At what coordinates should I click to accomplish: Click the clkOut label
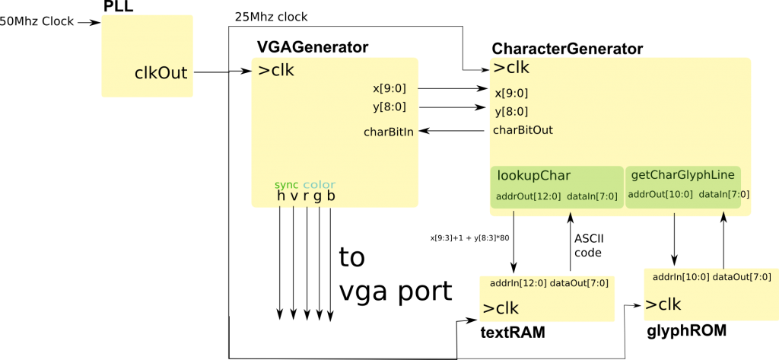(161, 73)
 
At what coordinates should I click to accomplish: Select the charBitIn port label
(389, 132)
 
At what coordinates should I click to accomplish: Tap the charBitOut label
(523, 130)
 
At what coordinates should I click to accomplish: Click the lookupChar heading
(533, 176)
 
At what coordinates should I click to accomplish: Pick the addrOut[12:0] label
(528, 197)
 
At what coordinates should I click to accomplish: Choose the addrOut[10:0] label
(660, 195)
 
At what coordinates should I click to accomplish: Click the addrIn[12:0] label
(518, 283)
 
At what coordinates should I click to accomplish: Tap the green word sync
(287, 185)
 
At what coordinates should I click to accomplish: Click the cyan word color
(319, 185)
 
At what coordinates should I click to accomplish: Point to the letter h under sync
(281, 196)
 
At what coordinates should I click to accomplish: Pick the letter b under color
(331, 196)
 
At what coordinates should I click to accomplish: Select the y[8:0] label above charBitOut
(511, 112)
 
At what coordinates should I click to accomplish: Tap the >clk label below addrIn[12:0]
(501, 308)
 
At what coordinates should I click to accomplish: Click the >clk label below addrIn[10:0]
(663, 304)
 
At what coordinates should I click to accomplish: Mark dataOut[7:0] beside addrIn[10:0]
(742, 277)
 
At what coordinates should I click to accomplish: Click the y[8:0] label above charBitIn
(389, 107)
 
